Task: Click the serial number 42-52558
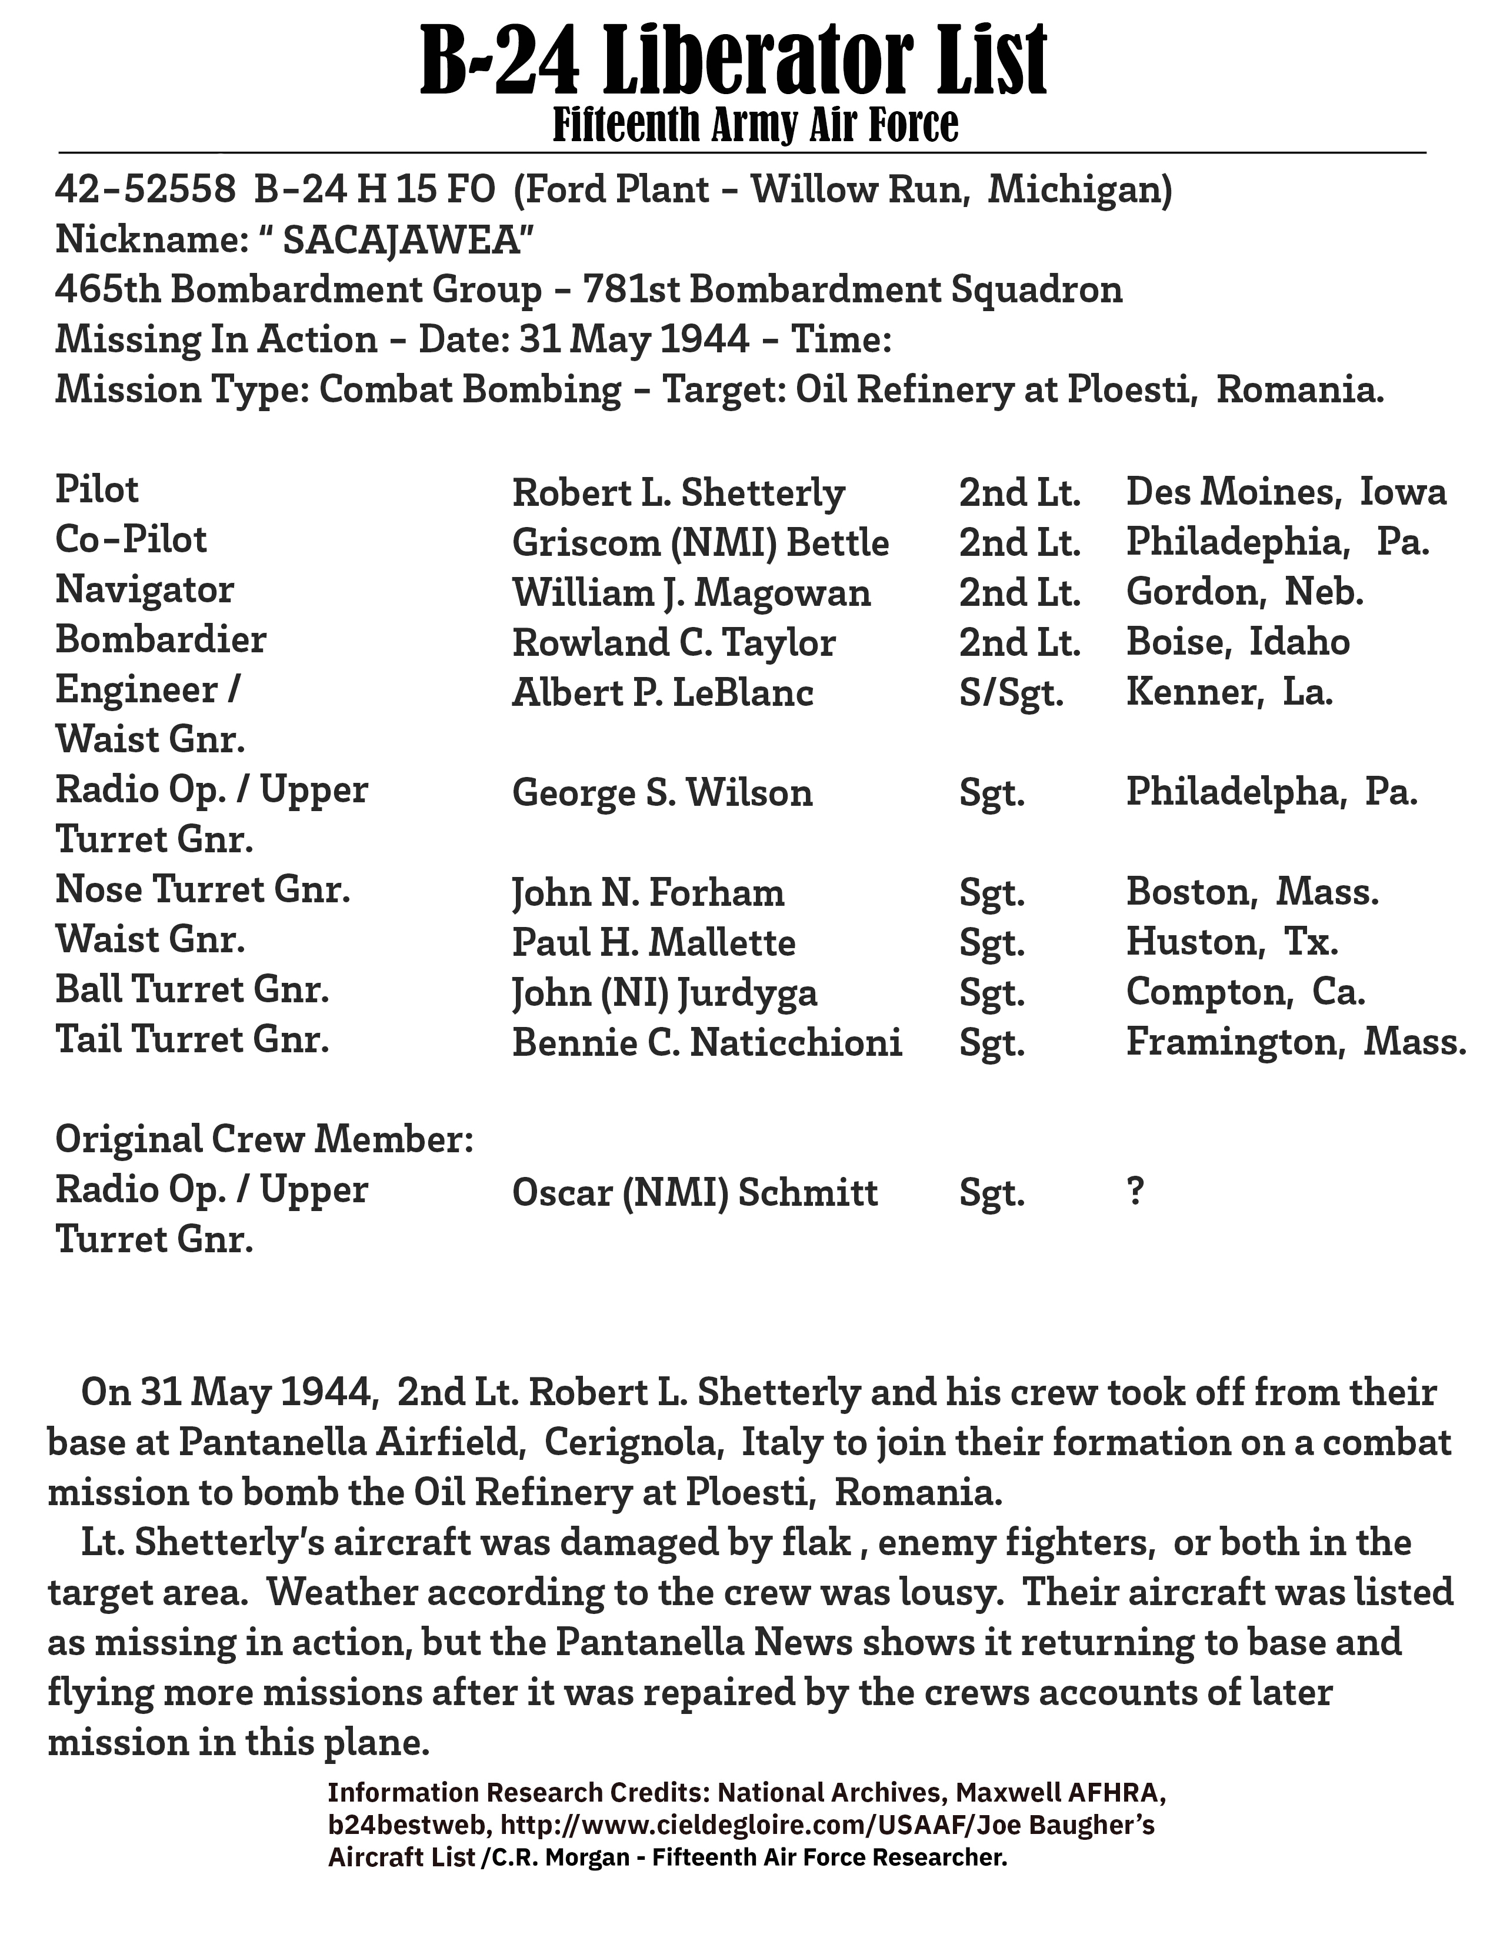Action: click(x=145, y=189)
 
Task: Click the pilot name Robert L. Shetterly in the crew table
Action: click(x=678, y=492)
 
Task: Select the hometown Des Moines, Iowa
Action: click(x=1286, y=492)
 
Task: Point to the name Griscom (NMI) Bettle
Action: click(x=700, y=543)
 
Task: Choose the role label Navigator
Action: click(x=145, y=590)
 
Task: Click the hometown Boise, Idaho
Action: click(x=1238, y=642)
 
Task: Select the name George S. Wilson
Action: click(x=662, y=793)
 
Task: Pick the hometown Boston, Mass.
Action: click(x=1252, y=892)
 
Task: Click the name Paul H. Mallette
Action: click(x=653, y=943)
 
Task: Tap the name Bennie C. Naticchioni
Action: click(x=706, y=1042)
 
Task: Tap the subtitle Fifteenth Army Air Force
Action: click(x=755, y=125)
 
